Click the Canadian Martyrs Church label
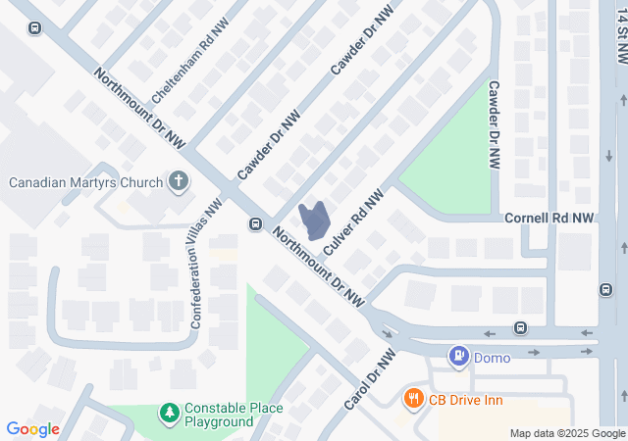(85, 181)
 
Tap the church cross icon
(178, 180)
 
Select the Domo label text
(492, 358)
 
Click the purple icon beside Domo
(457, 357)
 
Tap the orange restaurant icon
(414, 398)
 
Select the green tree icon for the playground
(170, 414)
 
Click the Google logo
(32, 429)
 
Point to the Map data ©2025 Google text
(566, 433)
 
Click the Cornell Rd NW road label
(549, 218)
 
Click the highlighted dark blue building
(314, 221)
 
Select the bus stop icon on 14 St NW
(603, 288)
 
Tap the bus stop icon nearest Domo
(519, 328)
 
